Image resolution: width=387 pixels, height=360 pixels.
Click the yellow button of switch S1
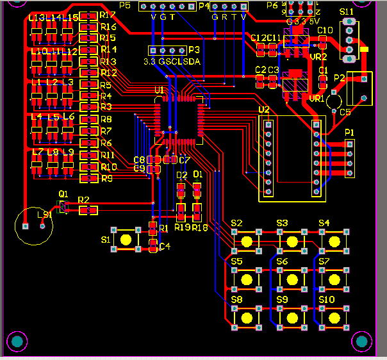(126, 240)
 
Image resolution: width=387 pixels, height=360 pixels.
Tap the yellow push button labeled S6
(292, 279)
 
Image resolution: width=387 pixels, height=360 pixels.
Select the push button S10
(333, 317)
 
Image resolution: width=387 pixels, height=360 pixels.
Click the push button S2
(246, 241)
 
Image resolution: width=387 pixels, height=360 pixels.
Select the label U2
(263, 110)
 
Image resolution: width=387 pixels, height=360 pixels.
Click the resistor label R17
(108, 15)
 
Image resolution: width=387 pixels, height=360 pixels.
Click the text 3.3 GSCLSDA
(171, 61)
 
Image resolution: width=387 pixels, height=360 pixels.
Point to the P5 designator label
(125, 6)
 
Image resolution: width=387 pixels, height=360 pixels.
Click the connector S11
(349, 40)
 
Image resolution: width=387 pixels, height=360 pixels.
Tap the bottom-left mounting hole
(17, 342)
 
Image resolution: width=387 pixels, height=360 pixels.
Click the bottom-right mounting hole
(363, 342)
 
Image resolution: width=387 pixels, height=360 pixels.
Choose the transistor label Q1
(63, 193)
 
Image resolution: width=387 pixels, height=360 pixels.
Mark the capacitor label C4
(165, 247)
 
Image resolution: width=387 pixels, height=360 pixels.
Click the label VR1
(317, 99)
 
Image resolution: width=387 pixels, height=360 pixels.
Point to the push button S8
(246, 317)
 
